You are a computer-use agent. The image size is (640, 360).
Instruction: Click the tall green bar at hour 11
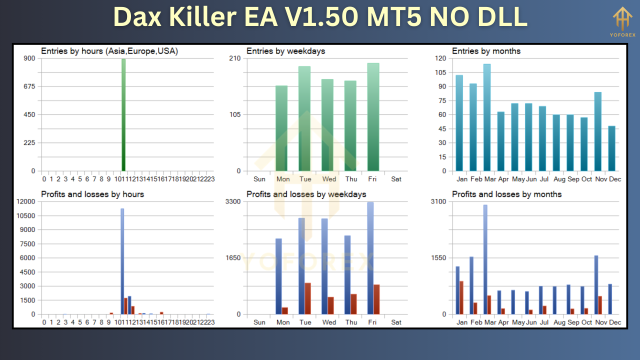point(123,115)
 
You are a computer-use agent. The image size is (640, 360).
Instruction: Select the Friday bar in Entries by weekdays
point(373,117)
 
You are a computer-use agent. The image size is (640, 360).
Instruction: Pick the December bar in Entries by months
point(611,148)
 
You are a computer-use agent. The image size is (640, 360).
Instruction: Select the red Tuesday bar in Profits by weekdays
point(308,298)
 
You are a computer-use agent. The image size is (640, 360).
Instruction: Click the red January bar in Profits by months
point(461,297)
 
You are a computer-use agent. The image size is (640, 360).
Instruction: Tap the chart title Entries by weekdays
point(285,51)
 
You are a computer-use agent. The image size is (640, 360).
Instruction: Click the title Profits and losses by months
point(506,194)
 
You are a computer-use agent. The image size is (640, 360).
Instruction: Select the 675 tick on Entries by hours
point(29,86)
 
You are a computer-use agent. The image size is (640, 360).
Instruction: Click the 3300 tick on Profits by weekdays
point(233,201)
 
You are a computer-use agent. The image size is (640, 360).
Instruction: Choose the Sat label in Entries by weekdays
point(396,179)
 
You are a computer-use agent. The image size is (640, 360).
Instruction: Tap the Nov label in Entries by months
point(600,179)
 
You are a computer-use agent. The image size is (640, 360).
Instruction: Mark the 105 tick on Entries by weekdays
point(235,114)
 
